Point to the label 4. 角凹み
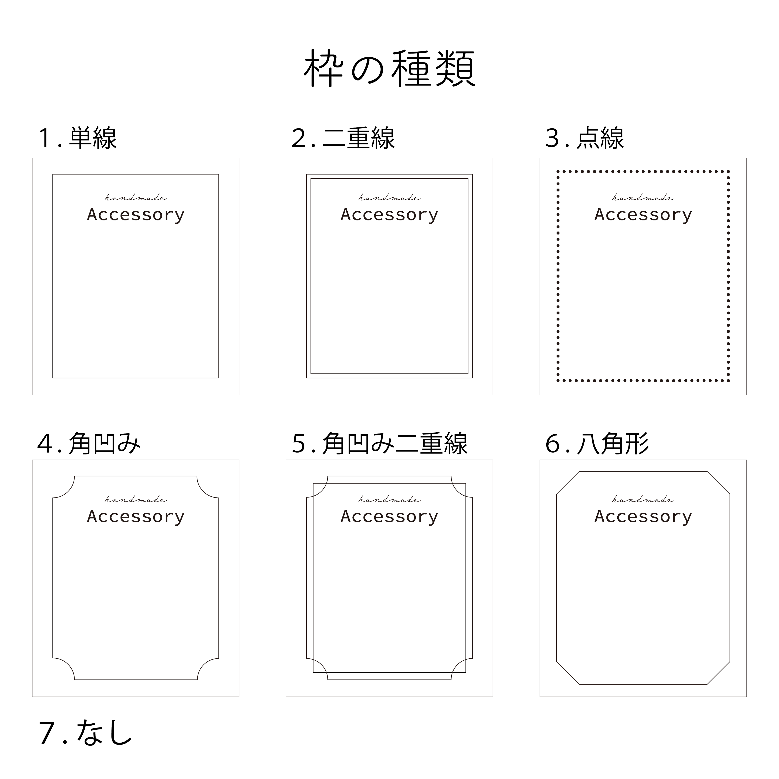(89, 444)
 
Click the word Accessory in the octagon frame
(643, 516)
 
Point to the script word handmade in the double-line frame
(389, 198)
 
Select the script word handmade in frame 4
(136, 500)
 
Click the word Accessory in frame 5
(389, 516)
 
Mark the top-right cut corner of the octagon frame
(719, 483)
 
